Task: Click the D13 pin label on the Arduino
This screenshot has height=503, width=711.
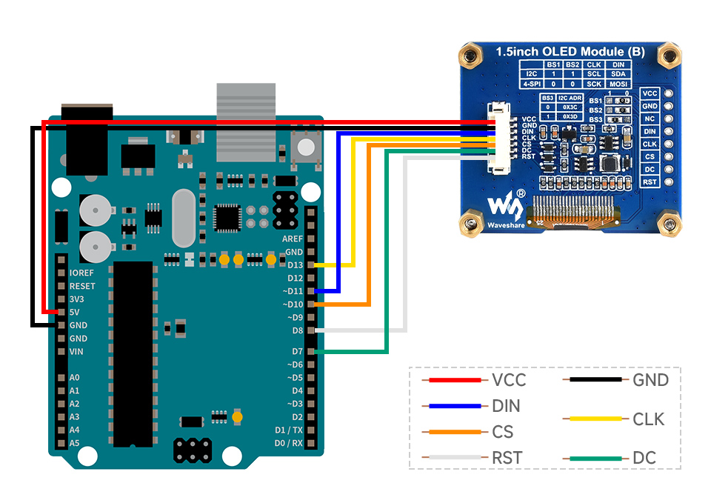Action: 294,265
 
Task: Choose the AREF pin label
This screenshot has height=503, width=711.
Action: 293,239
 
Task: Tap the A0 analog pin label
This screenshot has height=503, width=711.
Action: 74,377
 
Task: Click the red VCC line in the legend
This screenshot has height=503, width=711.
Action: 454,380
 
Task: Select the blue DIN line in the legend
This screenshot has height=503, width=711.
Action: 454,406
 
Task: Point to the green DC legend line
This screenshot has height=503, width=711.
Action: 595,458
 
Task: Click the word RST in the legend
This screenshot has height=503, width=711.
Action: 507,458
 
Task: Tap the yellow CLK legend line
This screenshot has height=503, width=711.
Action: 595,419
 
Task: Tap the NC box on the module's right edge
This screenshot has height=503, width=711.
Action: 650,119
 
